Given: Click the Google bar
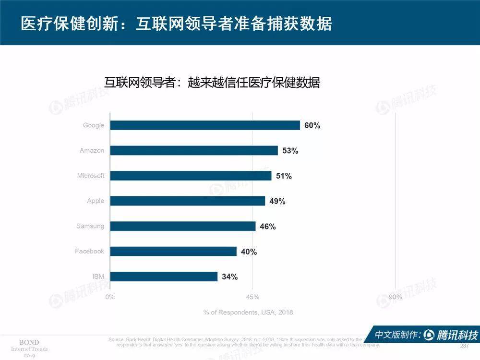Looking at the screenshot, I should [x=205, y=125].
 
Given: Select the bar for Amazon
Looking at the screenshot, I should [x=194, y=151].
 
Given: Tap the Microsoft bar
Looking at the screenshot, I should [x=191, y=176].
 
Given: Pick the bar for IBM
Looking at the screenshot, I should [x=164, y=276].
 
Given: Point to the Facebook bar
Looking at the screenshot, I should [x=173, y=252].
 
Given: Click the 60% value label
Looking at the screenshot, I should [x=312, y=126].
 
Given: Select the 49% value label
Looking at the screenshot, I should [x=277, y=201].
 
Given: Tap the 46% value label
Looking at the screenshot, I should [x=268, y=227].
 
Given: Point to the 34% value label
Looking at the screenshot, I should [x=229, y=276].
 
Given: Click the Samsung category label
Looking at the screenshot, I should [x=90, y=226].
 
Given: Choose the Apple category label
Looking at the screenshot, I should [x=96, y=201].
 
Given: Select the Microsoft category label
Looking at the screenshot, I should [x=91, y=176].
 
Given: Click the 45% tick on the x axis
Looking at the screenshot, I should [x=252, y=297].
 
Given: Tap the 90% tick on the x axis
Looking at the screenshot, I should [x=395, y=297].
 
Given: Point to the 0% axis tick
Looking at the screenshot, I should [x=110, y=297].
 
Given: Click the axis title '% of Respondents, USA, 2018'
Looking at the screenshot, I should [x=248, y=312].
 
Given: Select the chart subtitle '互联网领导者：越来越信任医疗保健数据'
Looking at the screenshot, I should [x=212, y=82].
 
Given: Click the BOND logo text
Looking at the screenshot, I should [x=29, y=342].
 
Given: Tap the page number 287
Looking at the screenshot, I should [x=464, y=346].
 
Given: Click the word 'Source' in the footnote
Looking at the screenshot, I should [x=117, y=339].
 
